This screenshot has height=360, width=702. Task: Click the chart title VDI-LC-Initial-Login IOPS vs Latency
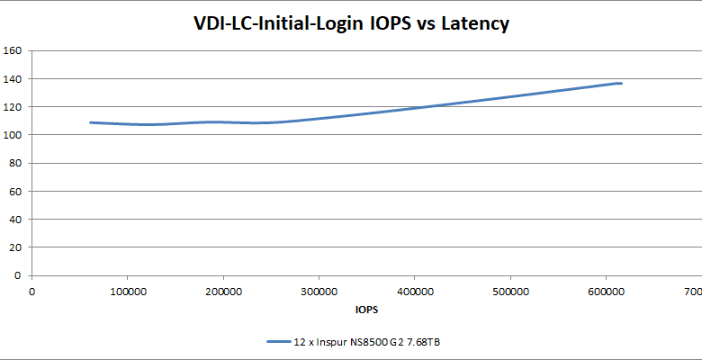tap(351, 23)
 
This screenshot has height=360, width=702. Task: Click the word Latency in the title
tap(474, 23)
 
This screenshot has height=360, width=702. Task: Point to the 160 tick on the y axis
tap(13, 50)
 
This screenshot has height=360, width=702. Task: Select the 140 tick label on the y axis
tap(13, 78)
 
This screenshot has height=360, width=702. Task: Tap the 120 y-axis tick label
tap(13, 106)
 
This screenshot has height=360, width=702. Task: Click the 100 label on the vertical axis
tap(13, 135)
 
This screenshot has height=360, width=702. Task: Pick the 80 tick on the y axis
tap(15, 163)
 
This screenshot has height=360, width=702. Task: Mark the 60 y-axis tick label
tap(15, 191)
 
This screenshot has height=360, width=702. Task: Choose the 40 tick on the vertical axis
tap(15, 219)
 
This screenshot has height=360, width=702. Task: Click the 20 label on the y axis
tap(15, 247)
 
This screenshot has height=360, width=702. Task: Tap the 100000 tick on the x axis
tap(127, 292)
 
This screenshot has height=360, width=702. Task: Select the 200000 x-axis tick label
tap(222, 292)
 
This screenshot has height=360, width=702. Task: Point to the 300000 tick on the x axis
tap(319, 292)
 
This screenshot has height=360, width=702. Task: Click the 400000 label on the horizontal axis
tap(414, 292)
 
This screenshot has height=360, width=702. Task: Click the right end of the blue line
tap(621, 83)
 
